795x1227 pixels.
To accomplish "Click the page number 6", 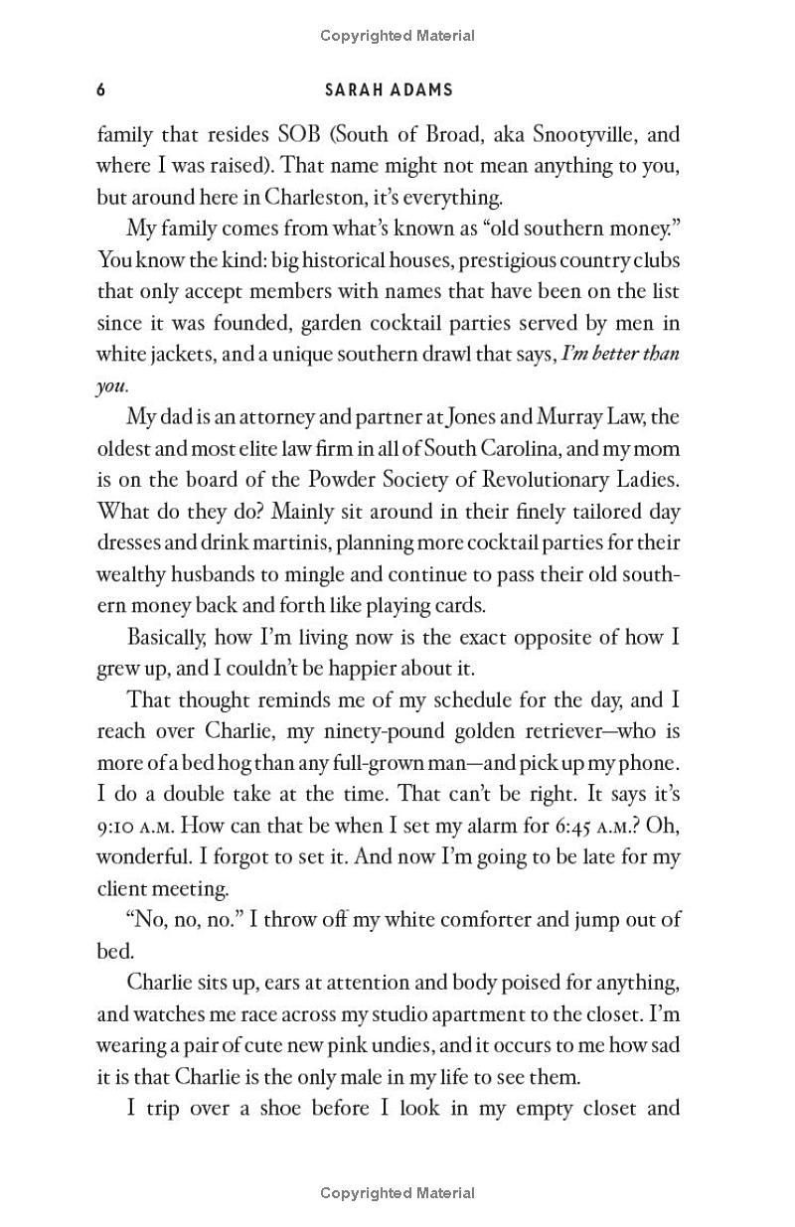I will point(100,90).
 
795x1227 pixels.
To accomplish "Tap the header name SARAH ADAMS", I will point(389,90).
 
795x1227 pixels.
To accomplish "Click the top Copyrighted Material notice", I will point(397,36).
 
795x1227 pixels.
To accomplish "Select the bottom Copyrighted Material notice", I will point(397,1193).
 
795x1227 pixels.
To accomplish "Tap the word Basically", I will point(168,638).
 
